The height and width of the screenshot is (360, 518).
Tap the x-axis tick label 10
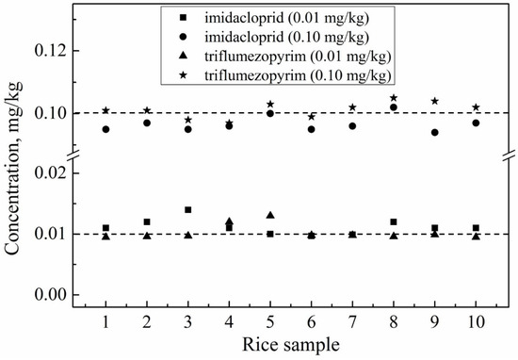pos(476,323)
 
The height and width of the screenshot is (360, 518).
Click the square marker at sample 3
pos(188,209)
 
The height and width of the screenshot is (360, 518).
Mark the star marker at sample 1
pos(106,110)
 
